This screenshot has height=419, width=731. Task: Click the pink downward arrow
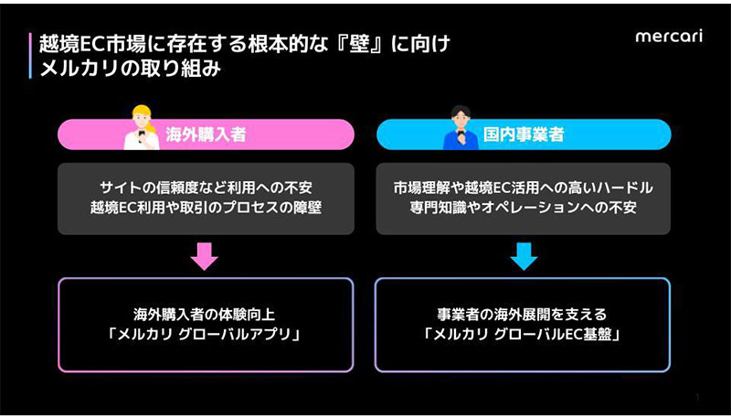205,255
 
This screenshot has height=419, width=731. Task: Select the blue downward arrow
524,255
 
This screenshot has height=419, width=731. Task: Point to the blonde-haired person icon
142,127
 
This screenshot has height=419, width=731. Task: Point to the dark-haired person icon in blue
461,127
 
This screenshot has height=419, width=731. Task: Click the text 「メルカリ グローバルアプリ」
205,335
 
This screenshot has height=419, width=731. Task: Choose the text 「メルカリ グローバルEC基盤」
524,335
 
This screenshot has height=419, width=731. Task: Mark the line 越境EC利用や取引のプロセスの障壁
205,208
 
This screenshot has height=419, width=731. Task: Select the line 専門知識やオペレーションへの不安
524,208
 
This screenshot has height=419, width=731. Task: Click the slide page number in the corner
696,397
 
